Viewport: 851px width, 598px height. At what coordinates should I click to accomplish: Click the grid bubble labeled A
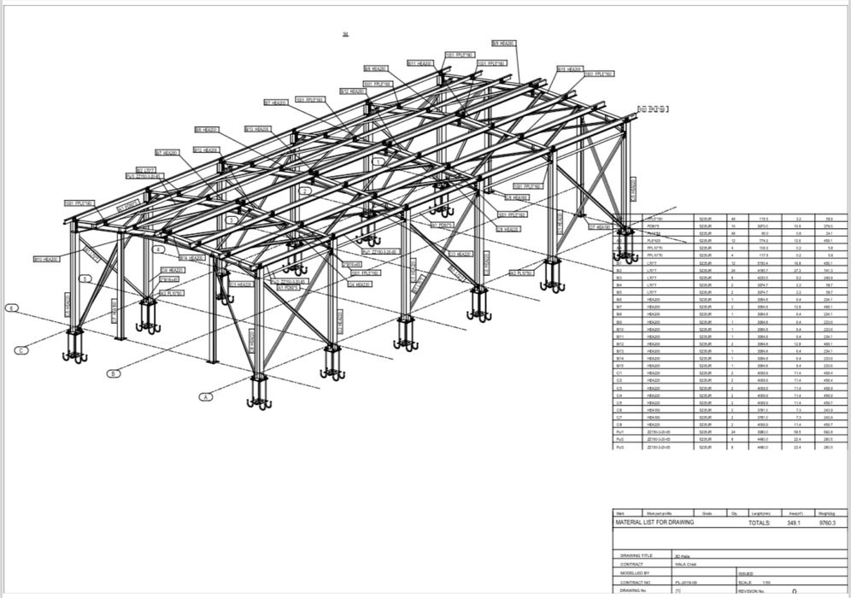(x=205, y=396)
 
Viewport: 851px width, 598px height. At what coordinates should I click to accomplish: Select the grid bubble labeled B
(x=113, y=373)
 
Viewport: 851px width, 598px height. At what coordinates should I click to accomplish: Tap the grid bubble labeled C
(x=21, y=349)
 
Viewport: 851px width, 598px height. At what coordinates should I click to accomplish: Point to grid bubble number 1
(x=377, y=161)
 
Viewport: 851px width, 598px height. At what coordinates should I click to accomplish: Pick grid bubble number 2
(x=303, y=191)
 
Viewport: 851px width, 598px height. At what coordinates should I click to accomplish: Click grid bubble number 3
(x=231, y=220)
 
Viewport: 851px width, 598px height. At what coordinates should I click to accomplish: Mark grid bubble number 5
(x=85, y=278)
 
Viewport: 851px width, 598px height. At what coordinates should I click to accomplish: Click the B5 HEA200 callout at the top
(x=503, y=43)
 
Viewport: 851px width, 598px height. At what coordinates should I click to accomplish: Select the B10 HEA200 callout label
(x=46, y=259)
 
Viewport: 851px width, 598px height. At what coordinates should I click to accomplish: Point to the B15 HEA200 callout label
(x=569, y=69)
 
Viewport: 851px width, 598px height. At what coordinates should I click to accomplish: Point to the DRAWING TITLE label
(x=637, y=555)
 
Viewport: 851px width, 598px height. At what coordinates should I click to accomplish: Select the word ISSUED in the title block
(x=745, y=573)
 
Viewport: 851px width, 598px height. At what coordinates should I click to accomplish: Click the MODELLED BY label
(x=636, y=573)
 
